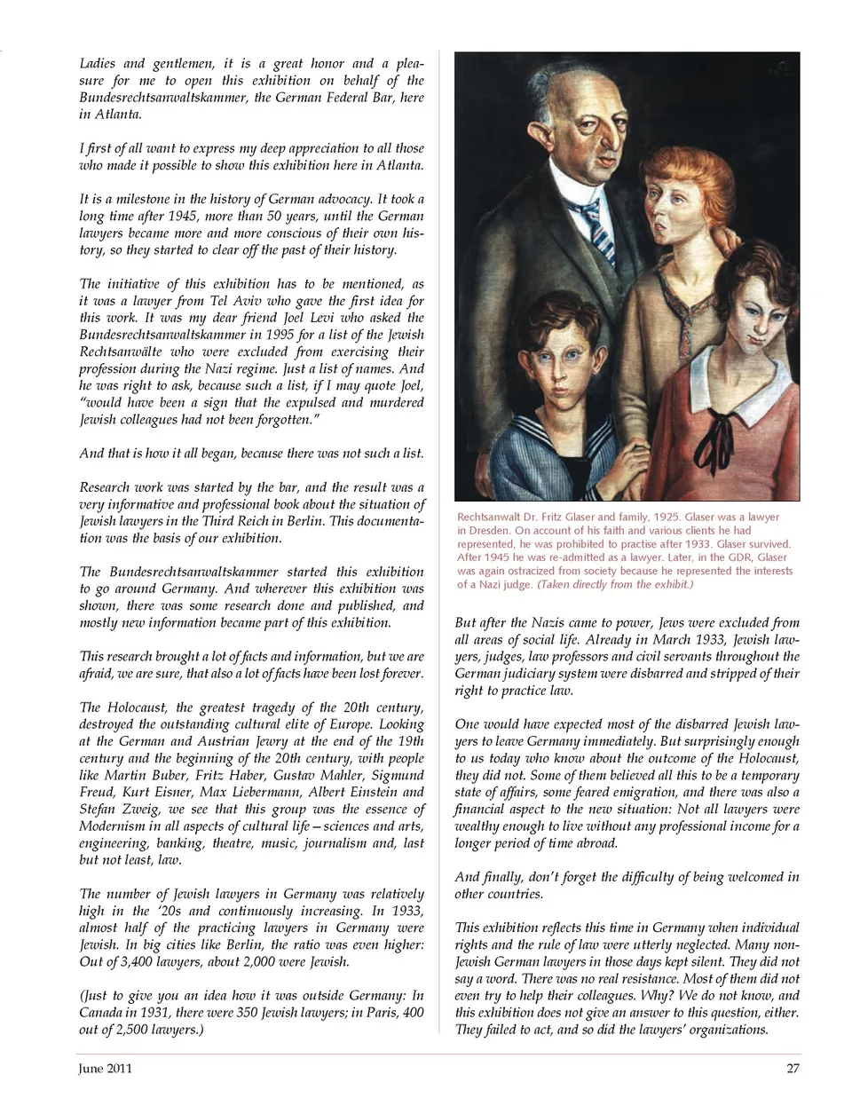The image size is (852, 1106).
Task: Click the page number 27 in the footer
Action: coord(793,1068)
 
